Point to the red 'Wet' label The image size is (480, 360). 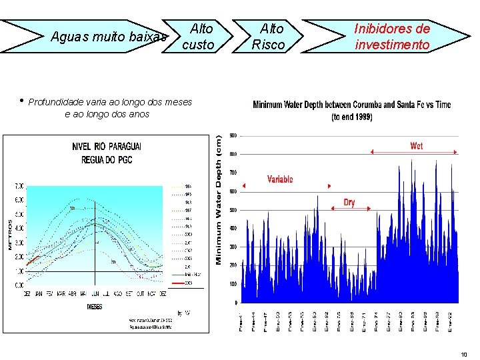coord(416,145)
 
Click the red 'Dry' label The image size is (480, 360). coord(349,202)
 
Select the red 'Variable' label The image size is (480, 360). coord(280,179)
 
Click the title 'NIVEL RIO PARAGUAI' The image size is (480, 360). coord(107,147)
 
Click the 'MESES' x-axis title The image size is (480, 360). coord(95,307)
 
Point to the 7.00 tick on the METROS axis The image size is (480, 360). coord(19,185)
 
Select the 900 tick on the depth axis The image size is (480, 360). coord(233,135)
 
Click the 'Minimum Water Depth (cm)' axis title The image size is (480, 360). coord(219,200)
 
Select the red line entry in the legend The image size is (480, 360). coord(179,282)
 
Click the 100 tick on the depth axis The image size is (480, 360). coord(233,285)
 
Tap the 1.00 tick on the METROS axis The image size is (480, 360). coord(19,271)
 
